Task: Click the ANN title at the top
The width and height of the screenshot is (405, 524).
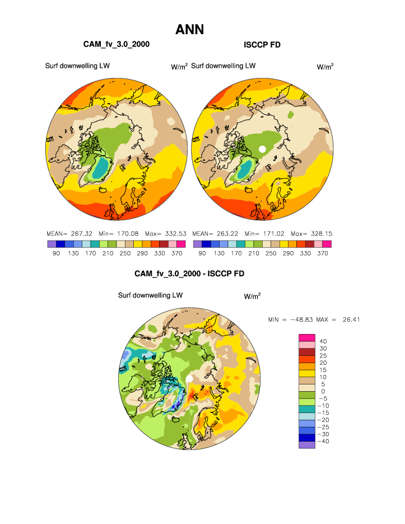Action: point(189,30)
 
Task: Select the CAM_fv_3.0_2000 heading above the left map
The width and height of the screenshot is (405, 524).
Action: point(116,44)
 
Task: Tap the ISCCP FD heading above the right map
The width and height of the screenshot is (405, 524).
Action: point(262,44)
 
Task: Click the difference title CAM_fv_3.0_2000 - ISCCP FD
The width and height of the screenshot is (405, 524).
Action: point(189,273)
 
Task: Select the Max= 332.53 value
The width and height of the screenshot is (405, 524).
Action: point(167,233)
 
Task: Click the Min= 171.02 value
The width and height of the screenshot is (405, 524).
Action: point(265,233)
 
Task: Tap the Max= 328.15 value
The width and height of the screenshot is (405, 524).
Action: point(313,233)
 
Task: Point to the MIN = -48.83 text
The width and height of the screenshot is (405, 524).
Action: point(290,319)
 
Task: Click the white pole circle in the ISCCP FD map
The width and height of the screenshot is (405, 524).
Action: point(262,149)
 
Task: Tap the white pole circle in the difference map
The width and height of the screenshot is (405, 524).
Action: point(189,379)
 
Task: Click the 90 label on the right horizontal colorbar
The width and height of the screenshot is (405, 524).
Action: point(197,253)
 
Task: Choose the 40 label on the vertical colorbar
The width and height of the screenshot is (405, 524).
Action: point(323,341)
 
